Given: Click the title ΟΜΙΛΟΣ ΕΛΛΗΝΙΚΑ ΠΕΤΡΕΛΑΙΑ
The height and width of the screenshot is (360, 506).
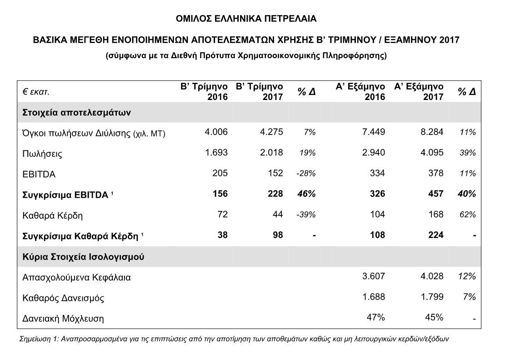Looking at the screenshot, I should tap(246, 19).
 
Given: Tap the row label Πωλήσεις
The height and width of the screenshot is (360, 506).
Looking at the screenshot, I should tap(42, 154).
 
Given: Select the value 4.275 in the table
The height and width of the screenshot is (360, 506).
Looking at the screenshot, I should tap(271, 132).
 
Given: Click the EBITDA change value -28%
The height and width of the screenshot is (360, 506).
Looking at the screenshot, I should tap(306, 174).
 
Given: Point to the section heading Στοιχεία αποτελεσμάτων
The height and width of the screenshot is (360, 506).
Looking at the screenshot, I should tap(77, 112).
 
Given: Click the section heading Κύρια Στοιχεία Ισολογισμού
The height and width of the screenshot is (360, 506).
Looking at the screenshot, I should tap(83, 256).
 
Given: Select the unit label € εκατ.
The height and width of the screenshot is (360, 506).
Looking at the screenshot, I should tap(36, 91).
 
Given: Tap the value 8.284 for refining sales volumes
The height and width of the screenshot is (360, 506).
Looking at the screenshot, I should tap(431, 132).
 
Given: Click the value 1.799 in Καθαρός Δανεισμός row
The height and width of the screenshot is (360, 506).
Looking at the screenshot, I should tap(431, 297).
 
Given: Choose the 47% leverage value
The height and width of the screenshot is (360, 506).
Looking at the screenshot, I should tap(376, 317).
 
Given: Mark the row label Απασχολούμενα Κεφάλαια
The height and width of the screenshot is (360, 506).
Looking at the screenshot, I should tap(76, 277).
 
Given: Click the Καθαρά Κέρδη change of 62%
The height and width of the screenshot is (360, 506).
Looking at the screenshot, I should tap(467, 215).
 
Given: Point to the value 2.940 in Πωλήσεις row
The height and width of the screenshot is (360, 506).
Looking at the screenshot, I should tap(374, 153).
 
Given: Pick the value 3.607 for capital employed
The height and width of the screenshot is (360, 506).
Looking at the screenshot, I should tap(374, 276).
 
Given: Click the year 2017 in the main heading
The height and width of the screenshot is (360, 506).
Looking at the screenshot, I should tap(449, 40).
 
